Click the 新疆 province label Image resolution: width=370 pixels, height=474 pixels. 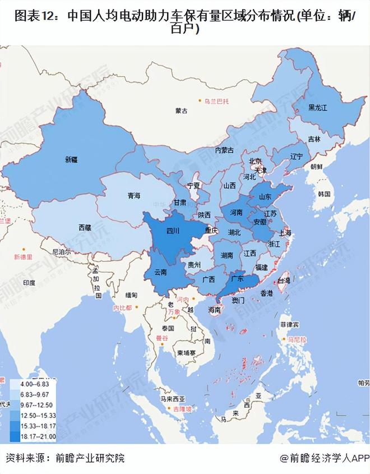(71, 159)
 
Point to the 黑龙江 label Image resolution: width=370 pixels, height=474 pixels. (318, 107)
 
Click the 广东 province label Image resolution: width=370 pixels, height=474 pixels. (237, 278)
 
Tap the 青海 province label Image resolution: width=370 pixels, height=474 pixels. (133, 196)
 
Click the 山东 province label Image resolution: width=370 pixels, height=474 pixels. (265, 196)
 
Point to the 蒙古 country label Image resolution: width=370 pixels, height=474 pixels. (181, 111)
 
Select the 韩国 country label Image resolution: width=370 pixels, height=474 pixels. (323, 194)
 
